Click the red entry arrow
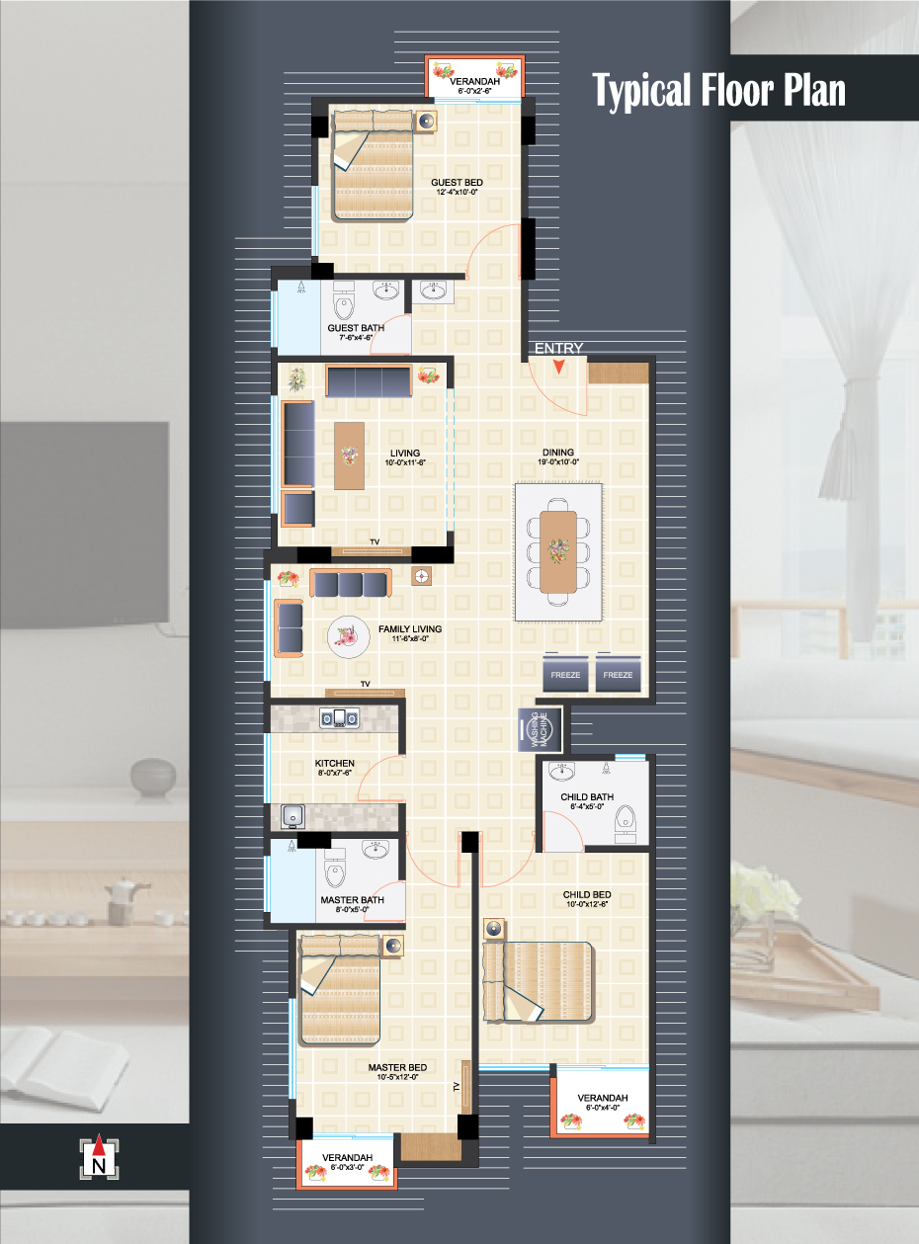(558, 367)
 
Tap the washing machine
(540, 729)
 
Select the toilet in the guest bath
(343, 300)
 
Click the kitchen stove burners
(339, 718)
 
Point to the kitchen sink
(292, 816)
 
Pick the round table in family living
(349, 637)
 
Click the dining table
(558, 551)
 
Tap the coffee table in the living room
(349, 456)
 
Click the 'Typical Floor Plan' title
(718, 90)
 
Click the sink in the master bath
(377, 850)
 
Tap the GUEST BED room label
(457, 182)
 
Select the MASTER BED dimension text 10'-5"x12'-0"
(397, 1076)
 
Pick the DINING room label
(558, 453)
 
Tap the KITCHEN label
(334, 763)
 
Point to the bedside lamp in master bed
(393, 946)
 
